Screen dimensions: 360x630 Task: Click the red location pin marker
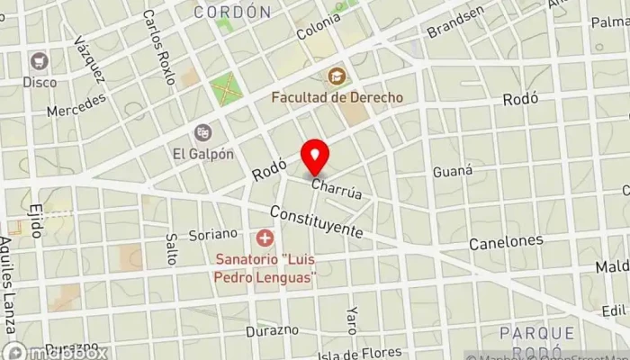pyautogui.click(x=314, y=157)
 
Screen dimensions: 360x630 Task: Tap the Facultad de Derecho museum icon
pyautogui.click(x=337, y=76)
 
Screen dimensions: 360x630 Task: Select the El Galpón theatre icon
pyautogui.click(x=203, y=132)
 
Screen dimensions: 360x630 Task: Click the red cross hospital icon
pyautogui.click(x=265, y=238)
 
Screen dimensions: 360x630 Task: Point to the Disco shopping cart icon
pyautogui.click(x=39, y=61)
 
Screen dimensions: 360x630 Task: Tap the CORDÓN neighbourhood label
pyautogui.click(x=233, y=12)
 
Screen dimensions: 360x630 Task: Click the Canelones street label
pyautogui.click(x=506, y=241)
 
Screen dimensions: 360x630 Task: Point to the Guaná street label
pyautogui.click(x=452, y=170)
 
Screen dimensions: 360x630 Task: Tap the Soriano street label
pyautogui.click(x=212, y=234)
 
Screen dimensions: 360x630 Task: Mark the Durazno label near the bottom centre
pyautogui.click(x=272, y=330)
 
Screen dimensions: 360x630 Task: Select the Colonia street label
pyautogui.click(x=318, y=25)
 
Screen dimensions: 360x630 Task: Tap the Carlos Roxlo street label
pyautogui.click(x=158, y=47)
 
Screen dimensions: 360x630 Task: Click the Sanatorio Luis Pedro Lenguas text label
pyautogui.click(x=265, y=269)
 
